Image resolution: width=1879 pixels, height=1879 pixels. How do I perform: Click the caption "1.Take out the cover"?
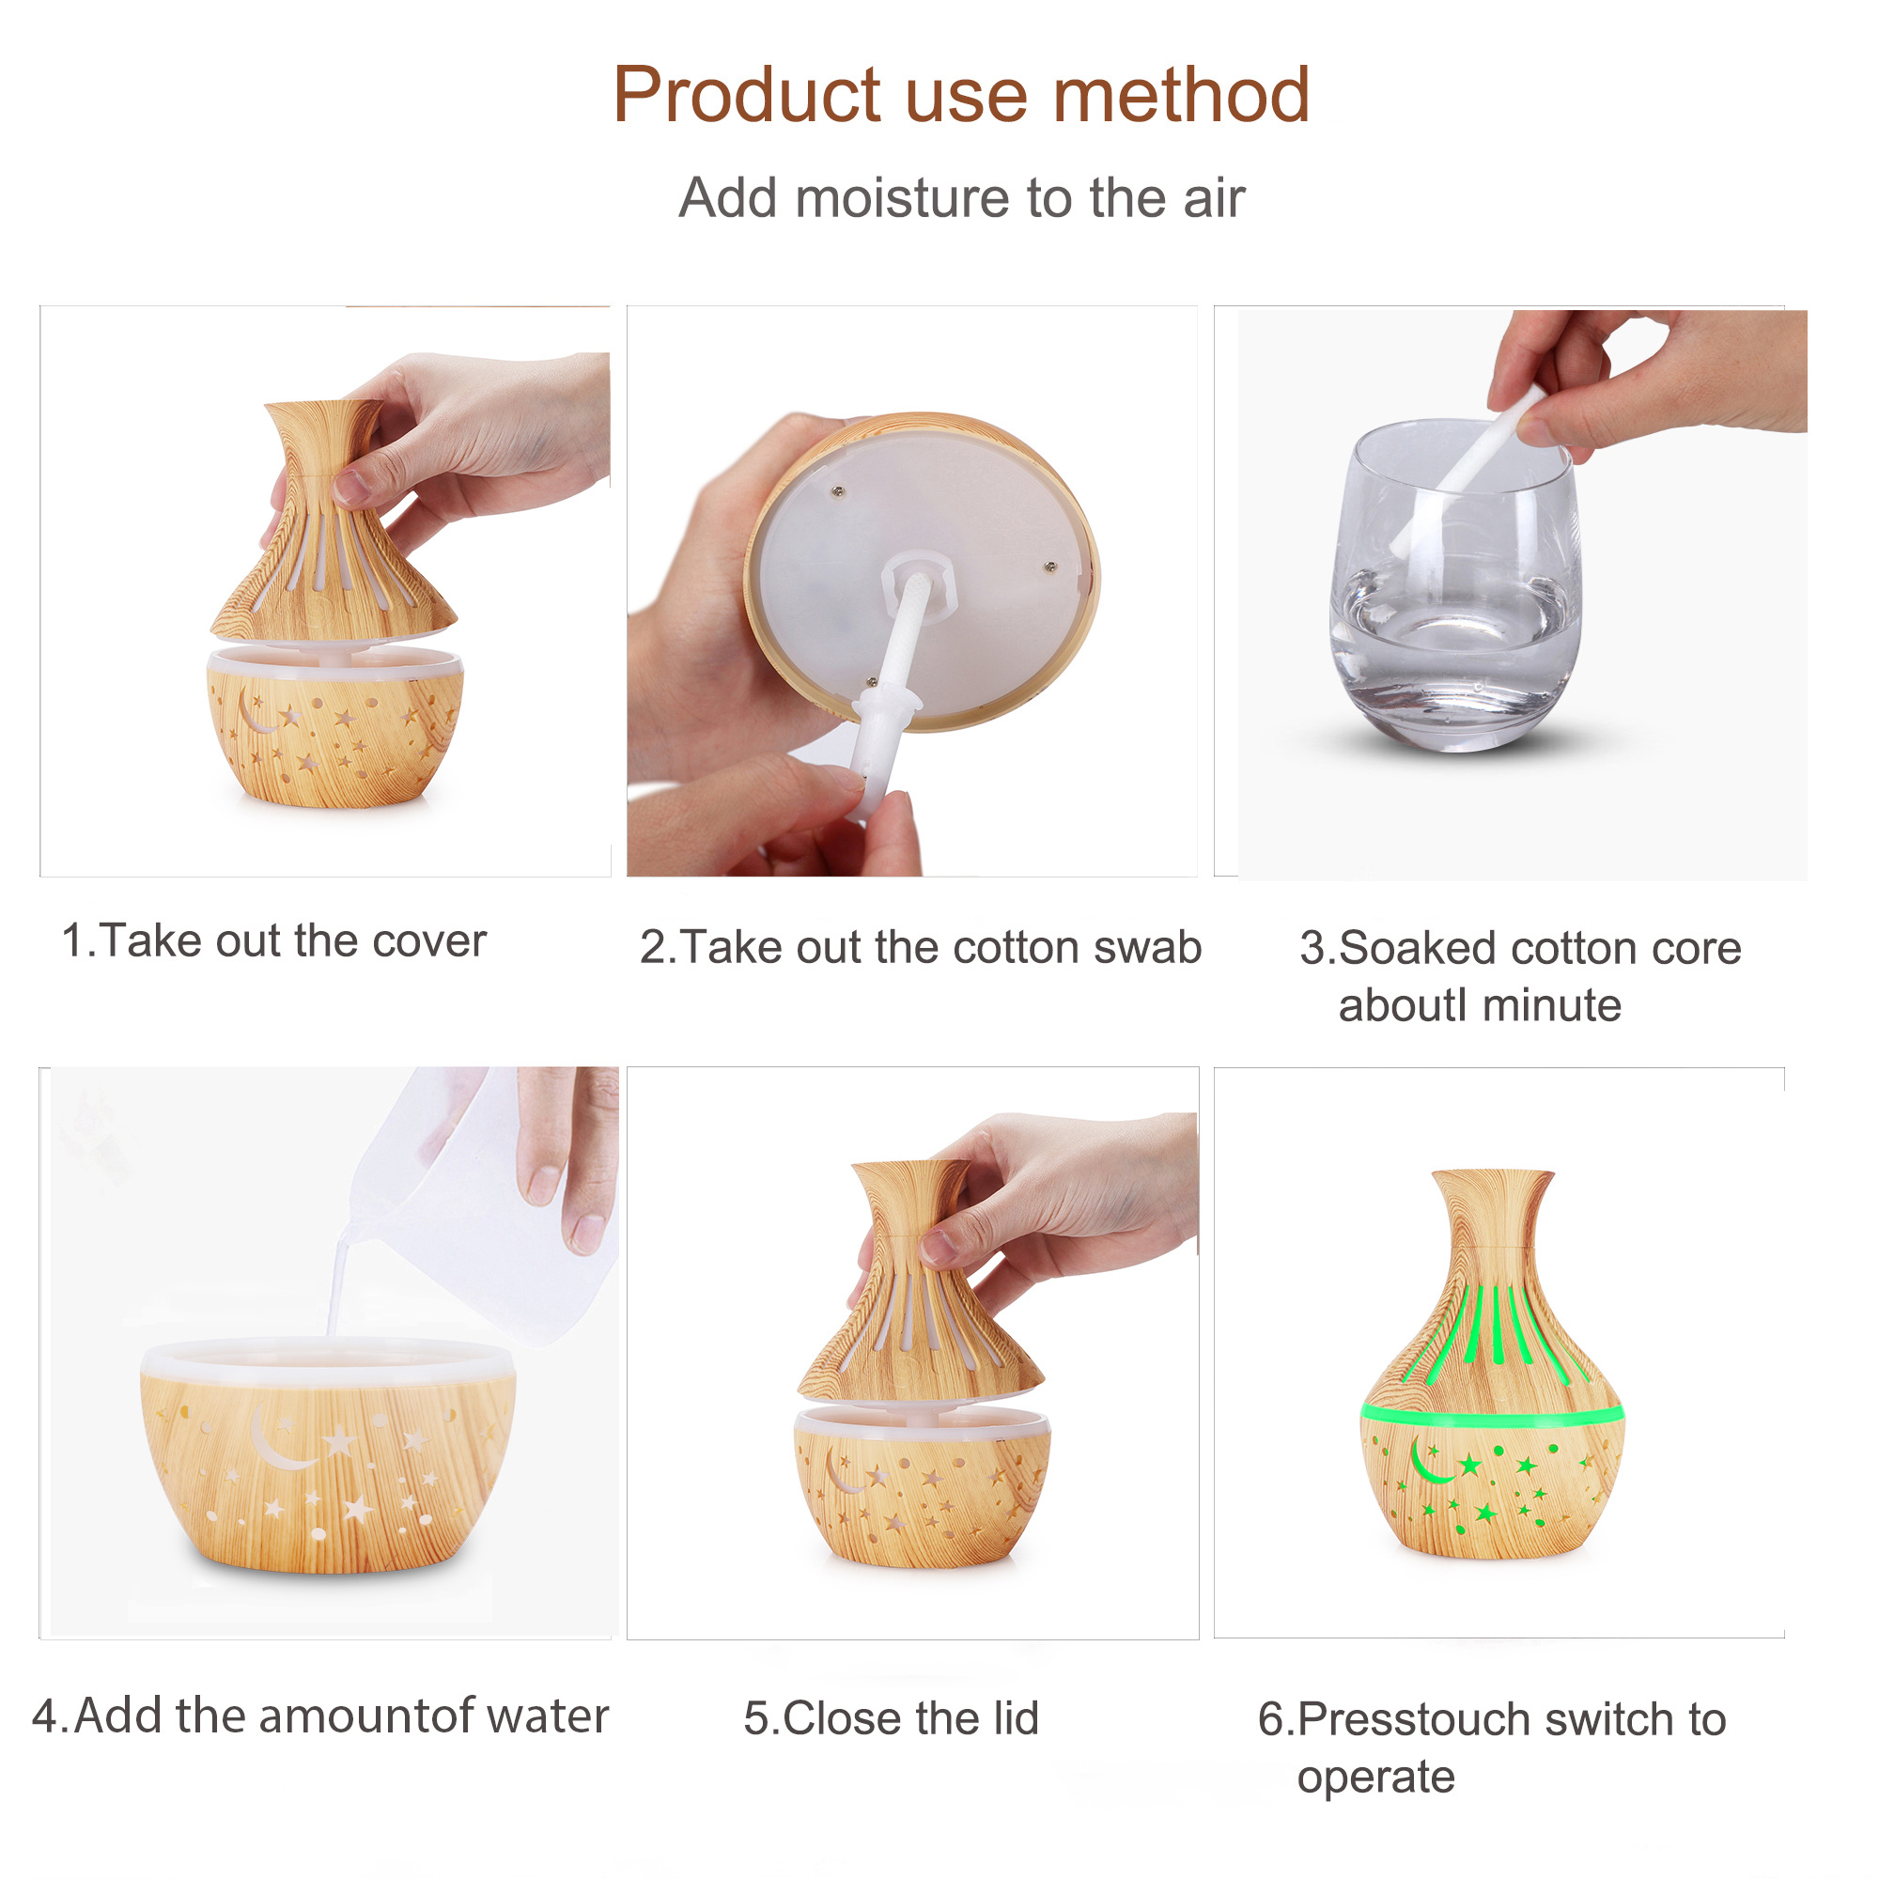pos(274,940)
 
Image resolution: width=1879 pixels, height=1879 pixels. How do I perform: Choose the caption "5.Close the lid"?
pos(892,1717)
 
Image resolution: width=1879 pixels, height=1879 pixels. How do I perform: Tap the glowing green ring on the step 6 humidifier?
pos(1492,1411)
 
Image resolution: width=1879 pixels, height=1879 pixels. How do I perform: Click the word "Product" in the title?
pos(746,95)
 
